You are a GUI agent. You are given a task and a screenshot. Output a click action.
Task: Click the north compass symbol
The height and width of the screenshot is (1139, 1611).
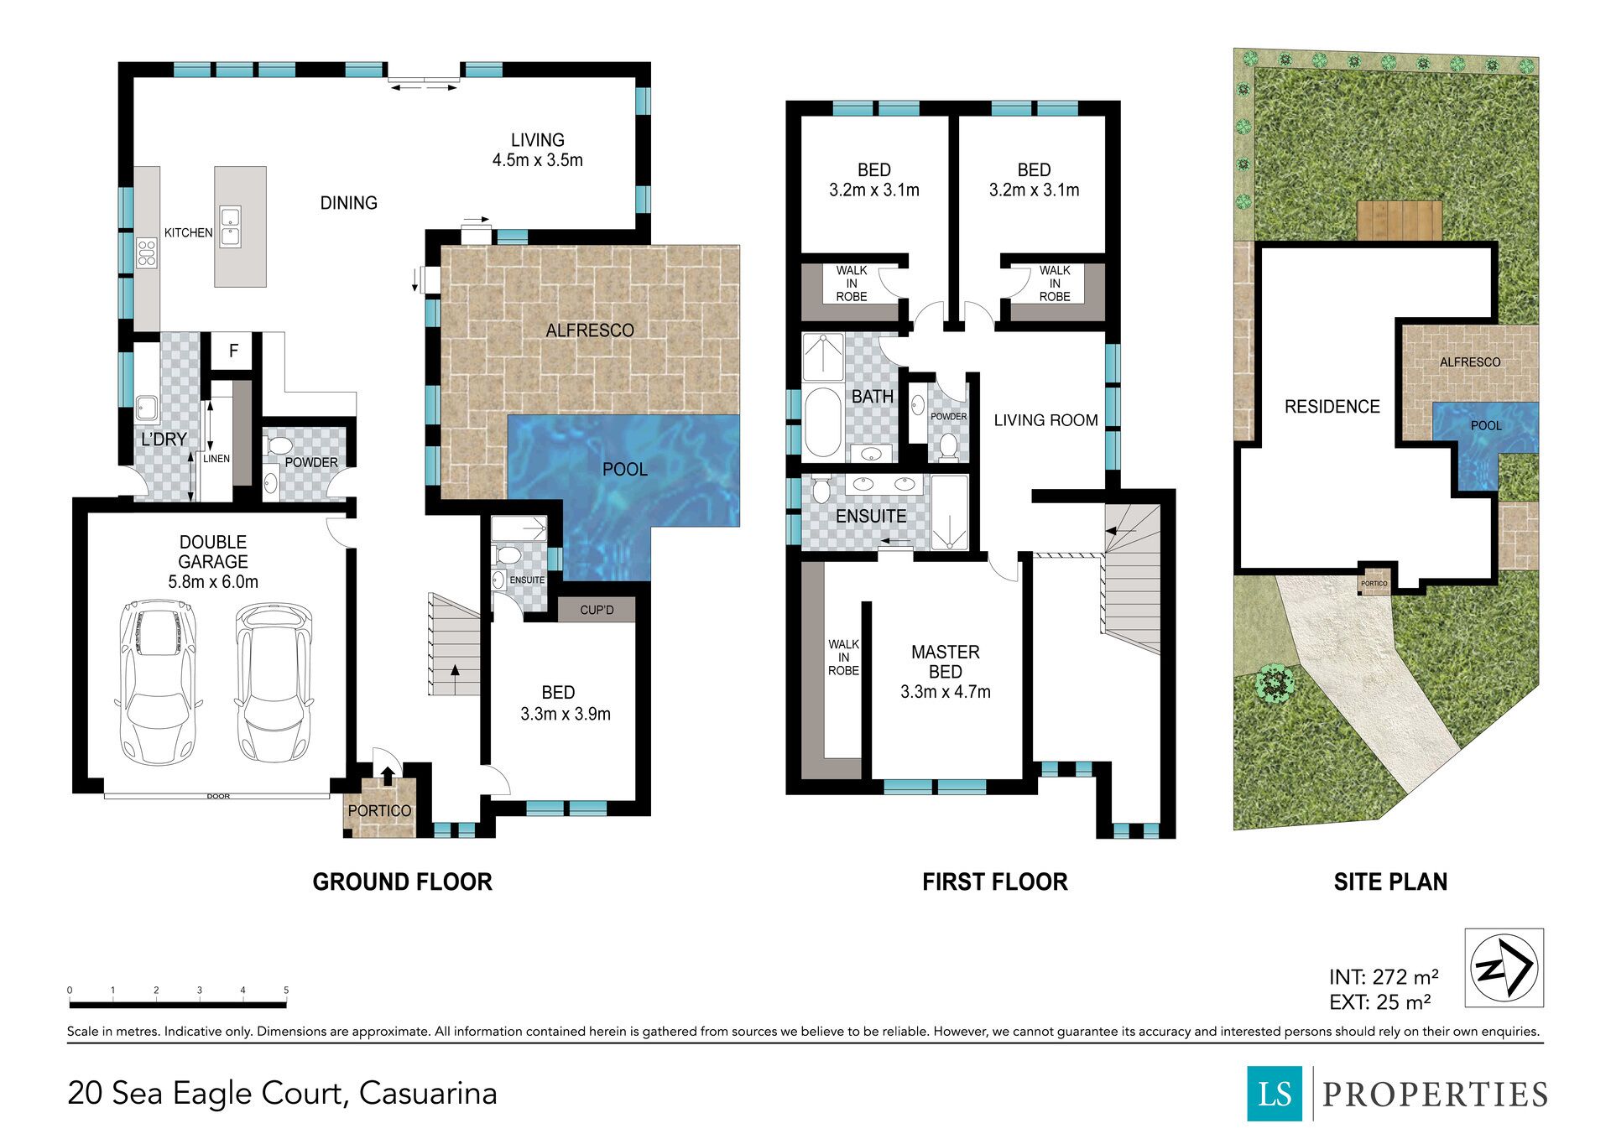[x=1504, y=967]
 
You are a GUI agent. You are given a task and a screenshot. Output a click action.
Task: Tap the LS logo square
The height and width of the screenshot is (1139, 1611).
[x=1275, y=1093]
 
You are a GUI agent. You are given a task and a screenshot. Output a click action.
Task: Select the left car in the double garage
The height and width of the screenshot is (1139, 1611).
[x=159, y=681]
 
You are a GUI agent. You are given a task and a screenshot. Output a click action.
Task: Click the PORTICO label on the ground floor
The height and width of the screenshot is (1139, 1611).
[x=379, y=811]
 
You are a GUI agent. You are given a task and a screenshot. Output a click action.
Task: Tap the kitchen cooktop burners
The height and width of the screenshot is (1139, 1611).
[x=147, y=252]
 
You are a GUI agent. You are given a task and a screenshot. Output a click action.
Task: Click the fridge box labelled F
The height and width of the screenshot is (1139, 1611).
[x=234, y=351]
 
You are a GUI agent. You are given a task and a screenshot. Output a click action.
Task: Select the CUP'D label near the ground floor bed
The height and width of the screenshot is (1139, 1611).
[x=597, y=610]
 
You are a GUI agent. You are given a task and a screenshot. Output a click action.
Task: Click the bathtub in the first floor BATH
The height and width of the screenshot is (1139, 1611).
[x=823, y=421]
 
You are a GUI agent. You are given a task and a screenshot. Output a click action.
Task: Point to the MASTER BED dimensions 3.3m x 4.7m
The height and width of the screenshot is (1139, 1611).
[x=946, y=692]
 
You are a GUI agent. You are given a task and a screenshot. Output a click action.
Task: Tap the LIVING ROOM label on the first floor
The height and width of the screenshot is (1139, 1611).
[x=1045, y=420]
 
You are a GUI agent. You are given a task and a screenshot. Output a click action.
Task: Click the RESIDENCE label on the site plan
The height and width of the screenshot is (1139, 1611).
[x=1332, y=407]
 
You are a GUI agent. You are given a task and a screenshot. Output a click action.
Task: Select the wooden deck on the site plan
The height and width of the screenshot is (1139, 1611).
[x=1400, y=221]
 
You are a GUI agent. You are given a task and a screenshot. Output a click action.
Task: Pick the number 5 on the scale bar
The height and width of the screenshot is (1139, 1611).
[x=286, y=991]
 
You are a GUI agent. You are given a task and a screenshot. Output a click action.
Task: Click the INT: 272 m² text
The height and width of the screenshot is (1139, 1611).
[x=1384, y=977]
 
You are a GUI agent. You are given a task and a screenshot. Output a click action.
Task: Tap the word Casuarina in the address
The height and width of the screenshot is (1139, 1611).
[x=428, y=1093]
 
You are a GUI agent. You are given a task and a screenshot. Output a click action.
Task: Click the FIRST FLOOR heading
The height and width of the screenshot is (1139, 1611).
[x=995, y=882]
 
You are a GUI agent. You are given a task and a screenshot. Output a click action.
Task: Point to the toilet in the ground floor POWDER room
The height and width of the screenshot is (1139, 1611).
[x=276, y=445]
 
